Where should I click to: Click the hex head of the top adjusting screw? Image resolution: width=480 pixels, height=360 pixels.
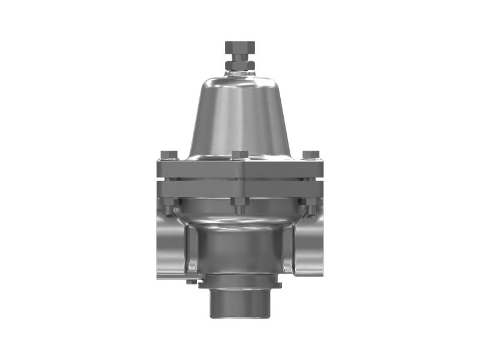240,47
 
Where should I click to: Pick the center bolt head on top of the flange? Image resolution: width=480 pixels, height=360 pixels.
240,155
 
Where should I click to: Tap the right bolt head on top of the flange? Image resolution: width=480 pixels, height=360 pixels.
310,155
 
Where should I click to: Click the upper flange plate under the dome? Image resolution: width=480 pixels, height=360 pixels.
240,169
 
